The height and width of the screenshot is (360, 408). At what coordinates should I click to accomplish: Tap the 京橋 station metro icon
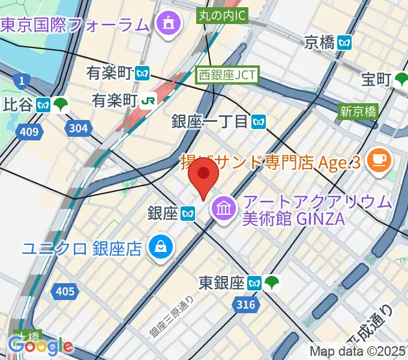pos(346,42)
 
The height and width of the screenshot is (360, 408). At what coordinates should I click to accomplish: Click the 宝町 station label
pos(376,79)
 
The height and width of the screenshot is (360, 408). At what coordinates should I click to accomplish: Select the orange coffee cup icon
pos(379,159)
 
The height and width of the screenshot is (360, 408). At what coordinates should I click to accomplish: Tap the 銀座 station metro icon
pos(188,212)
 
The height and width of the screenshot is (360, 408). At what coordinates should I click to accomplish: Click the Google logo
pos(40,346)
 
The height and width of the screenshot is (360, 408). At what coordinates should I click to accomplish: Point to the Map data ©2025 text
pos(358,350)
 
